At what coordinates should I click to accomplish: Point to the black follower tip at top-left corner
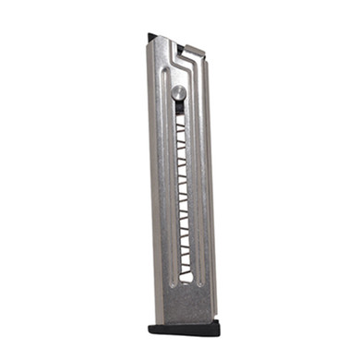[150, 38]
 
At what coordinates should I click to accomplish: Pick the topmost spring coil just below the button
[179, 113]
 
